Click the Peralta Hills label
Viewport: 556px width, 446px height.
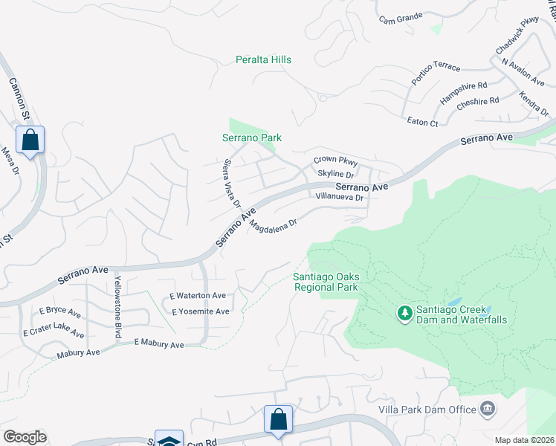(x=263, y=59)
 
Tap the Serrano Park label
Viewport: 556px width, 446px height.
(x=252, y=138)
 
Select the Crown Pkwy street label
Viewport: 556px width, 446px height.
(x=335, y=161)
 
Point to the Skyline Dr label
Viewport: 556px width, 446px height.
(x=335, y=173)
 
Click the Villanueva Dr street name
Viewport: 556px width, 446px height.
(x=339, y=198)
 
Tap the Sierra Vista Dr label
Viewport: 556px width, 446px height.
(x=232, y=182)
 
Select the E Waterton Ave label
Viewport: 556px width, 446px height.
(x=198, y=296)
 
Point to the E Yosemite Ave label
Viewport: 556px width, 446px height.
(x=201, y=311)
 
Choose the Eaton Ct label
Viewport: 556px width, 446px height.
(x=423, y=122)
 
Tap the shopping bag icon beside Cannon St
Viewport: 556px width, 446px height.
(x=30, y=139)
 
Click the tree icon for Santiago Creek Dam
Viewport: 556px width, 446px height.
(x=405, y=314)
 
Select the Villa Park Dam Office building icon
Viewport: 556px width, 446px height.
(x=488, y=408)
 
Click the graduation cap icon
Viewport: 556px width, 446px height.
(x=169, y=440)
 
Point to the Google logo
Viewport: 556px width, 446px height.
(x=25, y=437)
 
